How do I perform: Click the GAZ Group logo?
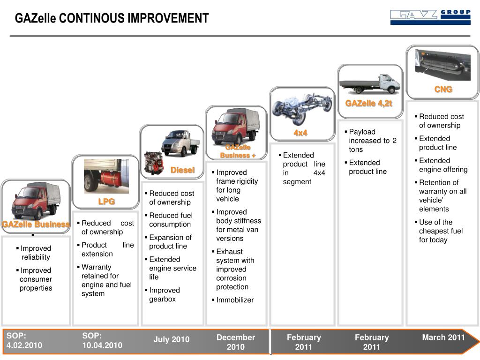coord(430,17)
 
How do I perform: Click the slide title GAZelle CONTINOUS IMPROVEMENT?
coord(112,18)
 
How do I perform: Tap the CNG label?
coord(443,89)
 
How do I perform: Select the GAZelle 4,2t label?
coord(369,103)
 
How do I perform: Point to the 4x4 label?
coord(300,133)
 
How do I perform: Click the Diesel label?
coord(182,170)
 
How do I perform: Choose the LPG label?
coord(106,202)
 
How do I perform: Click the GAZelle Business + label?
coord(238,151)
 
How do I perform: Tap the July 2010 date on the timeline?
coord(172,339)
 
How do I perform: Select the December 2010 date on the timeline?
coord(236,342)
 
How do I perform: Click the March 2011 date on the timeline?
coord(443,337)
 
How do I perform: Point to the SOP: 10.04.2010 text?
coord(102,341)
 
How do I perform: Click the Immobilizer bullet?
coord(234,300)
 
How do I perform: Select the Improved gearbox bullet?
coord(164,295)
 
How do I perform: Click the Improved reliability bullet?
coord(36,253)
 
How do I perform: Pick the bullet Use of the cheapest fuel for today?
coord(440,231)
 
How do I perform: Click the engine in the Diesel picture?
coord(152,163)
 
